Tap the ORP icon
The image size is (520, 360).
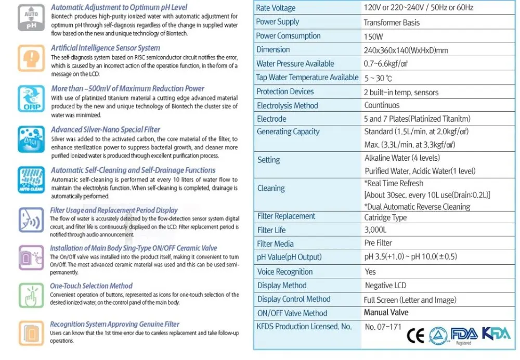point(31,97)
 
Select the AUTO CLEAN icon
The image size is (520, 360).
point(31,179)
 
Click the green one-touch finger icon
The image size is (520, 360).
point(31,295)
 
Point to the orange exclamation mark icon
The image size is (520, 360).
point(31,57)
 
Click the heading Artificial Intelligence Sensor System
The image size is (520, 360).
point(105,48)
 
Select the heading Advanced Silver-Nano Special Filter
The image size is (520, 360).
point(106,130)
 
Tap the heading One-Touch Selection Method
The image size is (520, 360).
point(91,286)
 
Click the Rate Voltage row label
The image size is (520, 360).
point(276,8)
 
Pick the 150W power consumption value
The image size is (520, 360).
point(374,36)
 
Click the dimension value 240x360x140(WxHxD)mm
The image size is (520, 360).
point(406,50)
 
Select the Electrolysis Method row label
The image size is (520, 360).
point(287,105)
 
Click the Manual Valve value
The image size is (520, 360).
point(386,313)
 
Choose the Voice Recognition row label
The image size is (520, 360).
point(285,272)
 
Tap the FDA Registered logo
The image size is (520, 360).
point(464,335)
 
